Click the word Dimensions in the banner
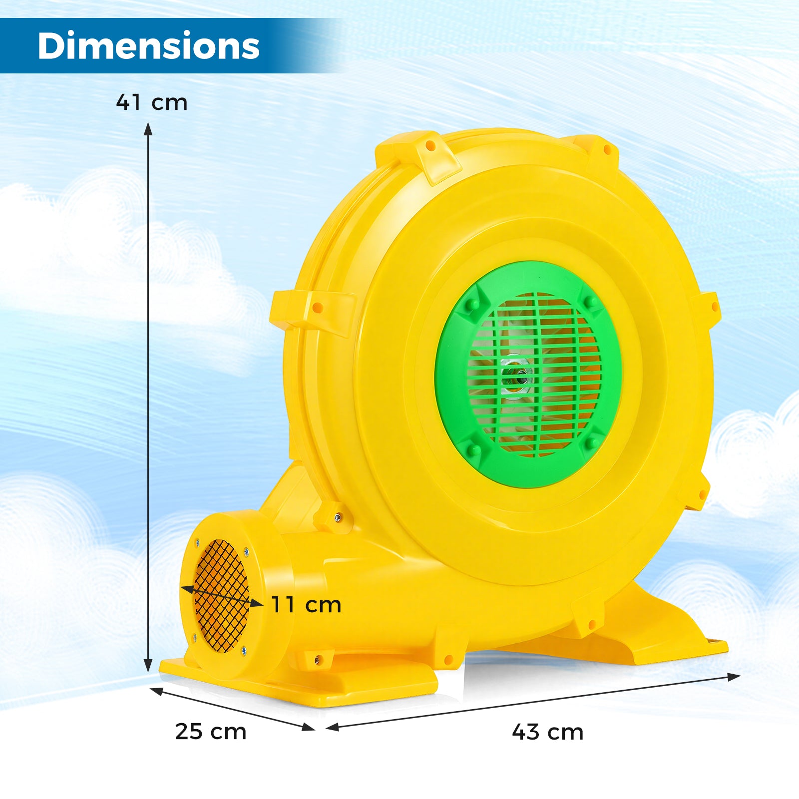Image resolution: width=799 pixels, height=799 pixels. [148, 46]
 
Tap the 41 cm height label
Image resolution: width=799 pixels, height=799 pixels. [152, 102]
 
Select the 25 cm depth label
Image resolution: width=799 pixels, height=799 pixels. [211, 732]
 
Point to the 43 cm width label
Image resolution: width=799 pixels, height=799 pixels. [548, 732]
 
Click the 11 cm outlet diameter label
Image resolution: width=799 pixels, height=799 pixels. [306, 605]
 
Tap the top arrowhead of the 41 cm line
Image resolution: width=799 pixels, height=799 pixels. [148, 129]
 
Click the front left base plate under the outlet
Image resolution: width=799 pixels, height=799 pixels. [300, 684]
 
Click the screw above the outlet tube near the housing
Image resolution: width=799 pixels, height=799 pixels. [338, 518]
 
